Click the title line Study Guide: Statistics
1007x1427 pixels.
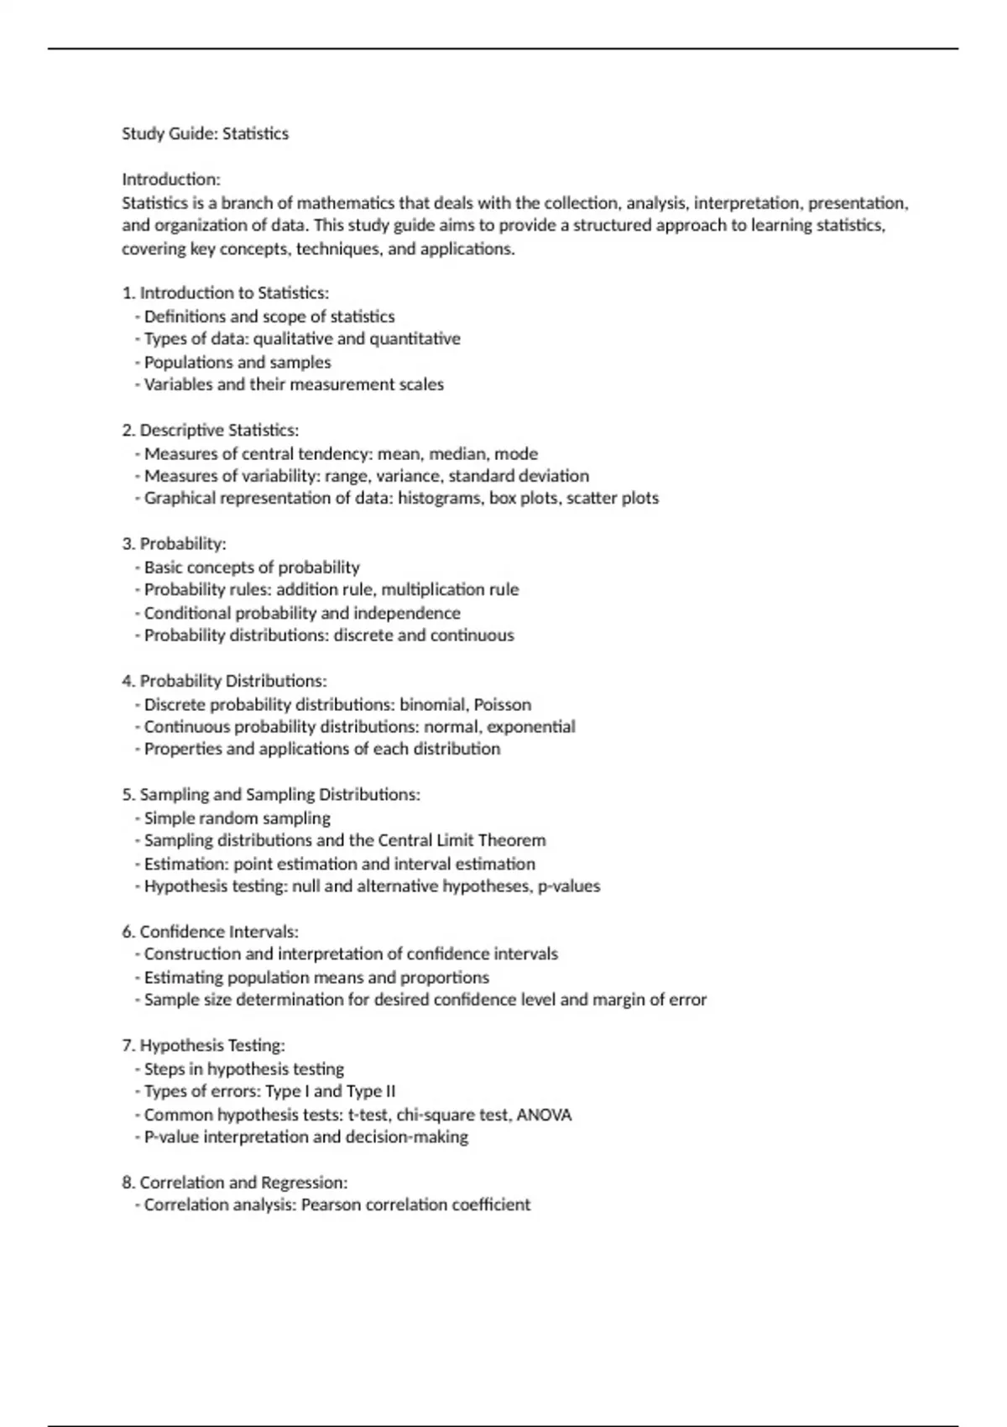205,133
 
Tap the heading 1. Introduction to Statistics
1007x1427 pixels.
225,293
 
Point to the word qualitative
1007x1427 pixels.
293,339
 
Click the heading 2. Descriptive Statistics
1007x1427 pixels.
210,431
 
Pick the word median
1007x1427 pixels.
457,454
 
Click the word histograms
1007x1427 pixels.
438,498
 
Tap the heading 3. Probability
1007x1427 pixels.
174,544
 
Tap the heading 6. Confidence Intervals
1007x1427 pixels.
210,932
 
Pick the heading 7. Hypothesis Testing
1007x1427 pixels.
203,1046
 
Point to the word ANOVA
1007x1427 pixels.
544,1116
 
